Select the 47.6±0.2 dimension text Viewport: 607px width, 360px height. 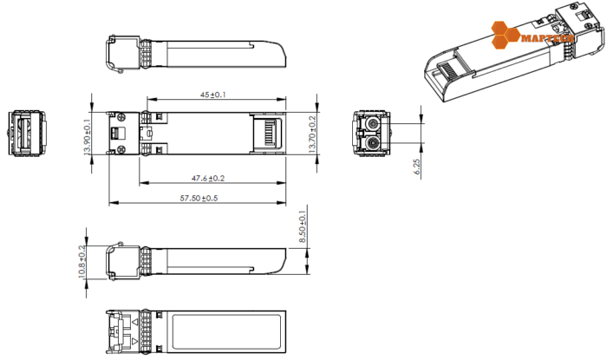coord(208,177)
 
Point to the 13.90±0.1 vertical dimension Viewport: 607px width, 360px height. coord(87,138)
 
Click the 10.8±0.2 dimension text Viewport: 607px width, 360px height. coord(83,259)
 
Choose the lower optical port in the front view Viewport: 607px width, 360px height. coord(372,142)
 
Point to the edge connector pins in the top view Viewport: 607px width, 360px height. coord(268,134)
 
